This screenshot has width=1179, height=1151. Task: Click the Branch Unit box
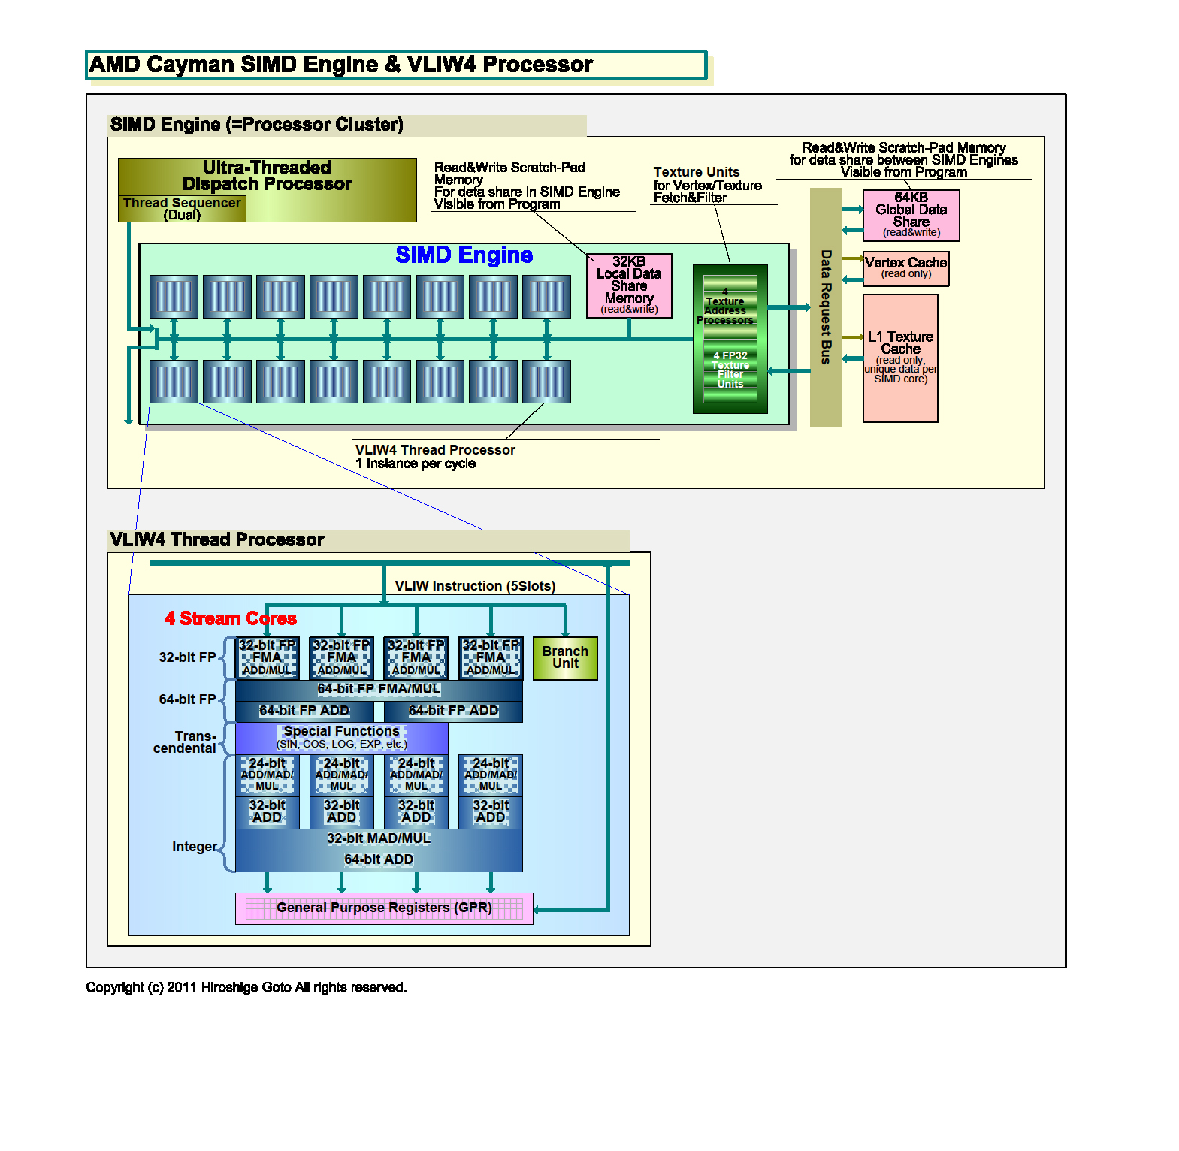[x=565, y=658]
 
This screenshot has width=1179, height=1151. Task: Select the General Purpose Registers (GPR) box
[x=384, y=908]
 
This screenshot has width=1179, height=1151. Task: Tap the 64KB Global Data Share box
[x=911, y=215]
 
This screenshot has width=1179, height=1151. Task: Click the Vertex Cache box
[x=905, y=268]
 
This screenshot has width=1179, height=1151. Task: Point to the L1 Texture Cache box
[x=900, y=358]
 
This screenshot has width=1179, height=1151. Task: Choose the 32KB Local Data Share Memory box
[x=629, y=285]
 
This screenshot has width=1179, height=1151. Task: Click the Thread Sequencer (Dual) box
[x=182, y=209]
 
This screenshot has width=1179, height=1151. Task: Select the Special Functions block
[x=341, y=738]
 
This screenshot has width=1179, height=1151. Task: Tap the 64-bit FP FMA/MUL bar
[x=379, y=690]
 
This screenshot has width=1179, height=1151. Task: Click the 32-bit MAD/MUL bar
[x=379, y=839]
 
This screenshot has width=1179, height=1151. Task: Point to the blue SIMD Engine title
[x=464, y=255]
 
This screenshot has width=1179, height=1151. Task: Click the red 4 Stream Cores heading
[x=231, y=618]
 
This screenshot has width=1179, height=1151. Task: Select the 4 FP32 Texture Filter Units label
[x=730, y=369]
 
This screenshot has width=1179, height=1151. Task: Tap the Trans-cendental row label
[x=185, y=742]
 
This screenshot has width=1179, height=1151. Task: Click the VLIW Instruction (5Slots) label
[x=475, y=586]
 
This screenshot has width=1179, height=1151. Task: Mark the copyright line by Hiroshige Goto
[x=246, y=987]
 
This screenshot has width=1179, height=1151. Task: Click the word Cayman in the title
[x=190, y=65]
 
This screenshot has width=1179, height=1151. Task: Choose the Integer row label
[x=195, y=847]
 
